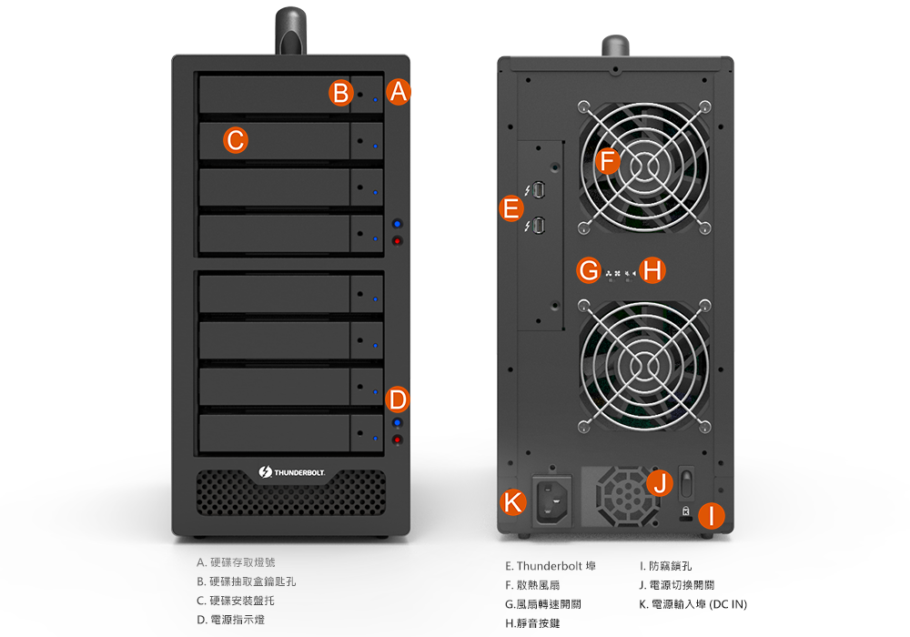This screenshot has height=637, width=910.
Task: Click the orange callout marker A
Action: pos(399,92)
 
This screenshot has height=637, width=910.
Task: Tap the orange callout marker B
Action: pos(340,93)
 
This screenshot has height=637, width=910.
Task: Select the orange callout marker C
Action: pos(236,140)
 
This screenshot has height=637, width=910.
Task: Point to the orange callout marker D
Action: pos(398,399)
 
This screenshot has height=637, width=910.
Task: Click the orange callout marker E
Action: pos(511,208)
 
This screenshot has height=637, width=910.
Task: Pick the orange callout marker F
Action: pos(608,161)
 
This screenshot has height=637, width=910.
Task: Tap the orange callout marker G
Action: pos(589,270)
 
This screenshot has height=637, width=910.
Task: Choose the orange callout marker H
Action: pos(652,270)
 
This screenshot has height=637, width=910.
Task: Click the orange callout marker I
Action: pos(712,516)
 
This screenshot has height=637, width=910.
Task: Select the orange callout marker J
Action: pos(660,482)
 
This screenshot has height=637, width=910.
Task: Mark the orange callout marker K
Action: pos(513,501)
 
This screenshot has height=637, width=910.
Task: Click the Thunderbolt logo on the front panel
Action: pos(292,472)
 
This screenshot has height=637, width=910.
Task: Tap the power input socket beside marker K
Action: pos(552,500)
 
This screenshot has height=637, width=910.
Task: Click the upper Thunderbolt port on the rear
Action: pos(539,189)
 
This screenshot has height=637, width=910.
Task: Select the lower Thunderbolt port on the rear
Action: pos(539,226)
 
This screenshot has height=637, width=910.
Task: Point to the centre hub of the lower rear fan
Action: pos(643,366)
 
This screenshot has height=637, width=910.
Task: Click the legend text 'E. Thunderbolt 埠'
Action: pos(551,566)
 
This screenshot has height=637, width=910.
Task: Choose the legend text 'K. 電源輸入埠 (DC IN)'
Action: pos(693,604)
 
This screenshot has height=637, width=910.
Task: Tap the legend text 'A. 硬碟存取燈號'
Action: pos(236,562)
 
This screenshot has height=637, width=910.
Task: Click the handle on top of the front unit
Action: pos(291,30)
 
